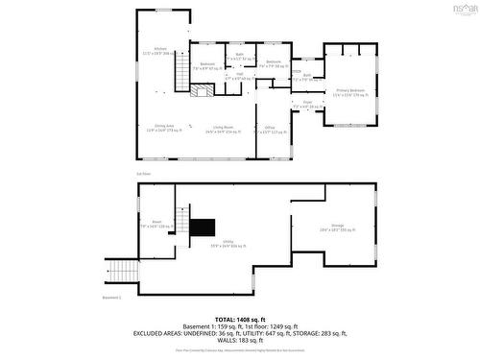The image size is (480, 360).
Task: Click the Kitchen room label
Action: [160, 50]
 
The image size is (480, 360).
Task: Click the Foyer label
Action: [308, 103]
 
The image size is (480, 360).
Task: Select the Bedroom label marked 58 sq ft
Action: [274, 64]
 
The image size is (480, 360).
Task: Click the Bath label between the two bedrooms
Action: [239, 57]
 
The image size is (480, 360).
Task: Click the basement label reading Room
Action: [156, 224]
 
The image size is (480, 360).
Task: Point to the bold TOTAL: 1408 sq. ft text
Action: [239, 318]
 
